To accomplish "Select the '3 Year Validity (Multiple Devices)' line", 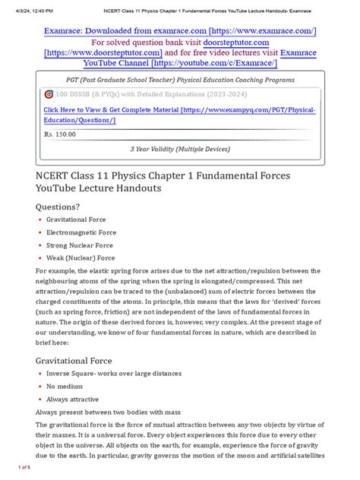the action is pyautogui.click(x=180, y=150).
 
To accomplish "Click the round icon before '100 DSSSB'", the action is pyautogui.click(x=49, y=94).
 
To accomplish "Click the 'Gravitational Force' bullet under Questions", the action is pyautogui.click(x=76, y=219).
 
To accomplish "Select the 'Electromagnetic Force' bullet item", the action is pyautogui.click(x=79, y=232).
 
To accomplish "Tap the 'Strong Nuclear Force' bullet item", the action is pyautogui.click(x=79, y=245).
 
